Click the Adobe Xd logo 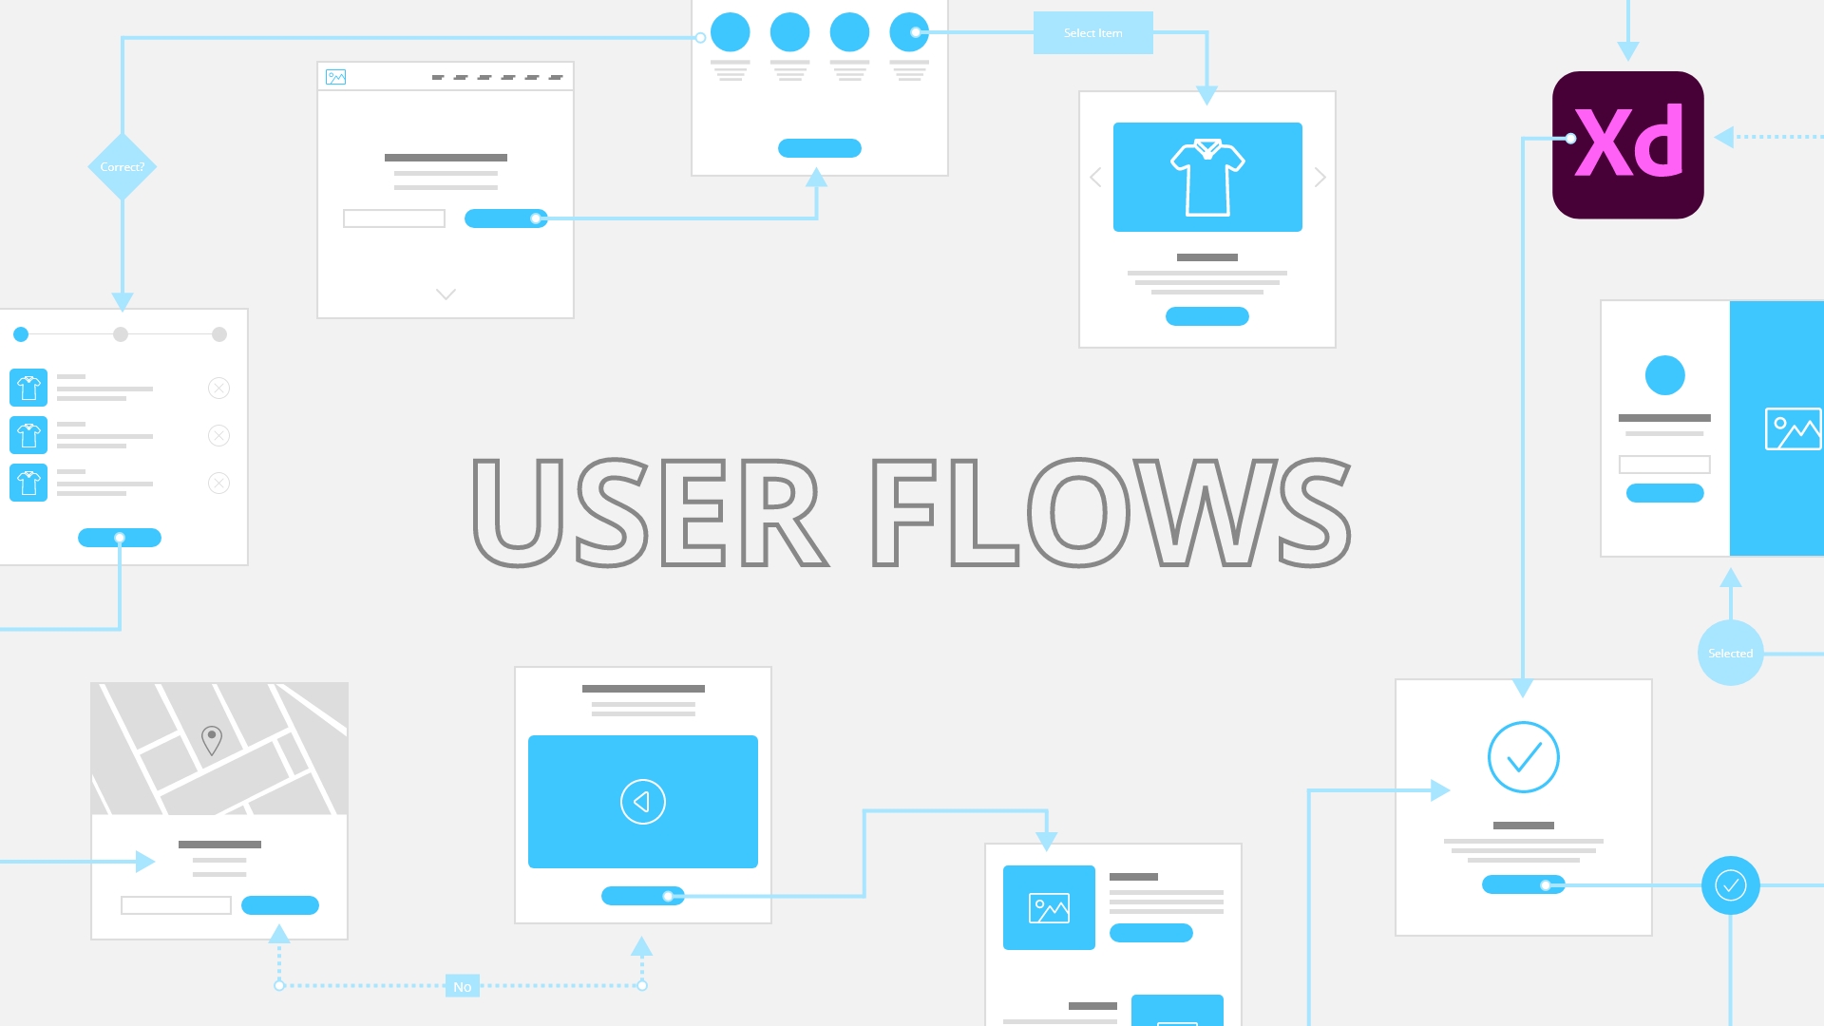click(x=1627, y=144)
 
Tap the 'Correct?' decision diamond click(x=123, y=167)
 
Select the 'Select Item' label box click(x=1092, y=33)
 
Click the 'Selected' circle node click(x=1730, y=654)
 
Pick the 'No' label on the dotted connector click(x=462, y=986)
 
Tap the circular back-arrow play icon click(x=643, y=802)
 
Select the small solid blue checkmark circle click(x=1730, y=885)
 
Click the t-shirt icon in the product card click(x=1207, y=178)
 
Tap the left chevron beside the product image click(x=1095, y=178)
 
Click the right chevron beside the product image click(x=1320, y=178)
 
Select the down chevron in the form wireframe click(x=446, y=294)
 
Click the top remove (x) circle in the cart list click(x=218, y=388)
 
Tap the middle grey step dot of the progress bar click(x=121, y=334)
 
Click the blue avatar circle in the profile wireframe click(x=1664, y=375)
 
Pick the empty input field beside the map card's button click(x=176, y=905)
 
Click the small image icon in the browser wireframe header click(x=335, y=77)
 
